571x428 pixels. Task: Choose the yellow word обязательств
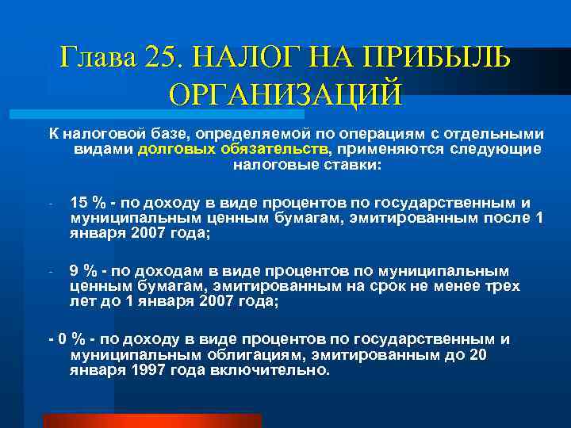[269, 149]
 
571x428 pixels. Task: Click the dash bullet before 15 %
[49, 203]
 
